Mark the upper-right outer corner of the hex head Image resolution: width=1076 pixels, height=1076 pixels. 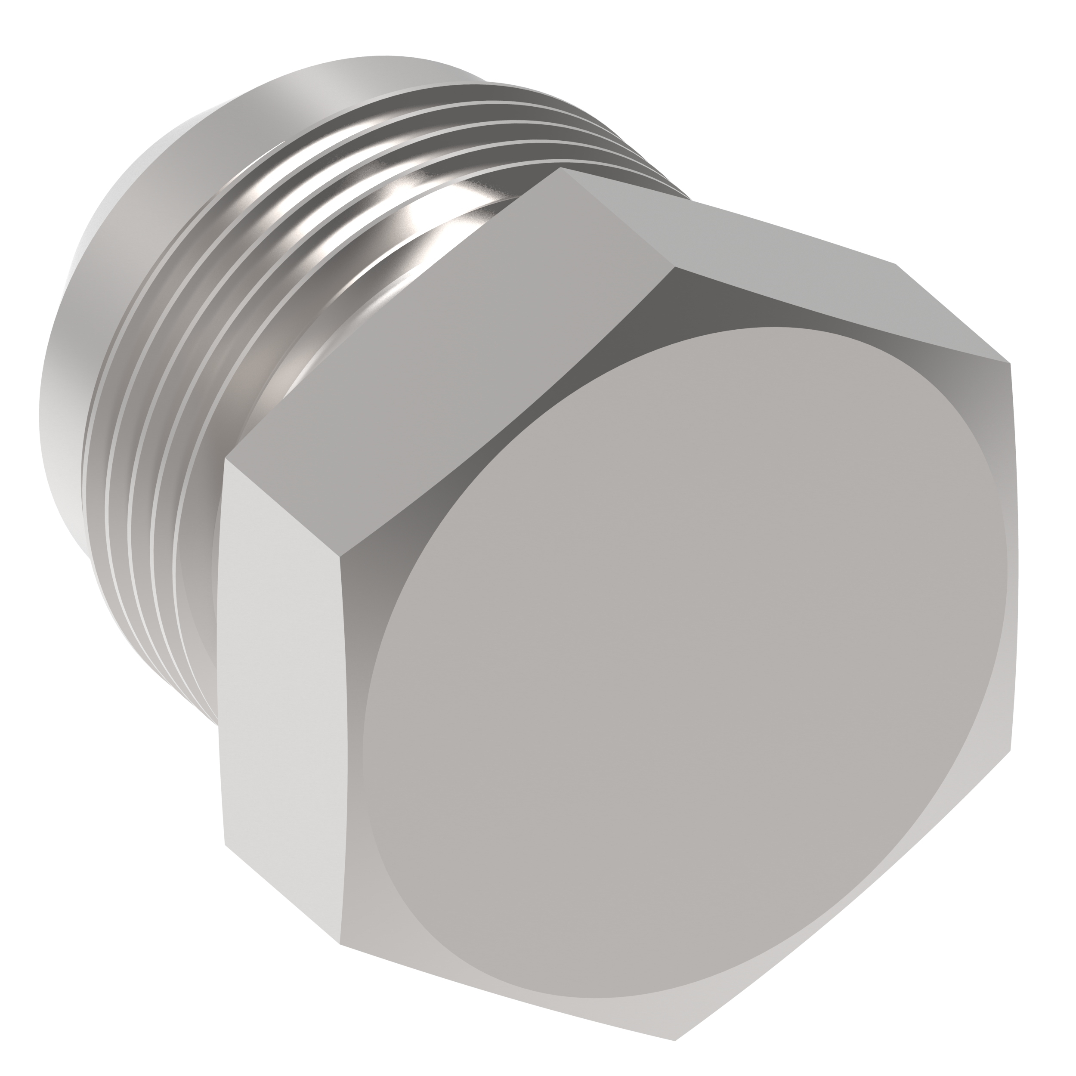coord(1010,364)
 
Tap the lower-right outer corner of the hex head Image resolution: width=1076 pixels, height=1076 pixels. coord(1010,752)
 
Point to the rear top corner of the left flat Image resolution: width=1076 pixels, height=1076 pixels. coord(225,458)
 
